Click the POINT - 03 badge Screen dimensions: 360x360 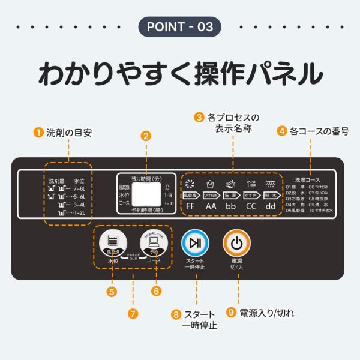click(180, 27)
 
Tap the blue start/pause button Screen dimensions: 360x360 click(195, 243)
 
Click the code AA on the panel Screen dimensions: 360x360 click(211, 206)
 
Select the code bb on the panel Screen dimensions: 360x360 click(230, 206)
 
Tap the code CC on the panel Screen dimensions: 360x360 click(251, 206)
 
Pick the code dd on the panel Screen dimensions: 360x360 click(271, 206)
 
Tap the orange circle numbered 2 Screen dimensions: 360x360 click(145, 136)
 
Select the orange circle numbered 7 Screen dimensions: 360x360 click(133, 313)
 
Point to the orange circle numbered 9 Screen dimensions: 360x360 click(232, 313)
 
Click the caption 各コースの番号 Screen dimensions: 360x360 click(319, 131)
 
